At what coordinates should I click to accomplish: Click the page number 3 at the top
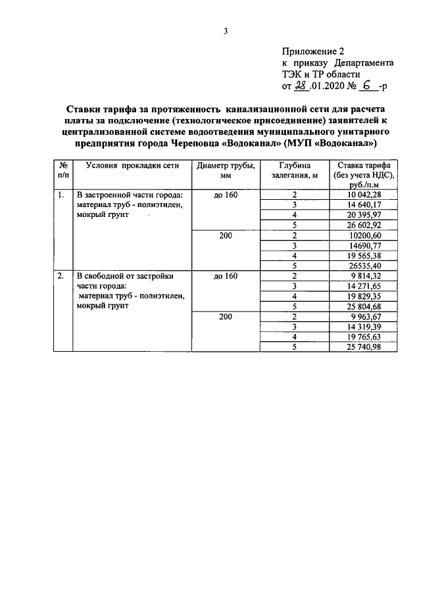pyautogui.click(x=225, y=31)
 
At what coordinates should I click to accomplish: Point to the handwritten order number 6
pyautogui.click(x=366, y=85)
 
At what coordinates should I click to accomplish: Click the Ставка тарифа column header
pyautogui.click(x=362, y=175)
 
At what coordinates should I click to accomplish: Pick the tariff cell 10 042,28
pyautogui.click(x=364, y=195)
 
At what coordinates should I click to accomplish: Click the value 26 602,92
pyautogui.click(x=364, y=225)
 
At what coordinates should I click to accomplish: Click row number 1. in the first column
pyautogui.click(x=61, y=195)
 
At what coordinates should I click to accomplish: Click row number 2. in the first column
pyautogui.click(x=61, y=276)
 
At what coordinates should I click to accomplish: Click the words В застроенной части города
pyautogui.click(x=129, y=195)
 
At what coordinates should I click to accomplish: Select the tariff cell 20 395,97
pyautogui.click(x=364, y=215)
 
